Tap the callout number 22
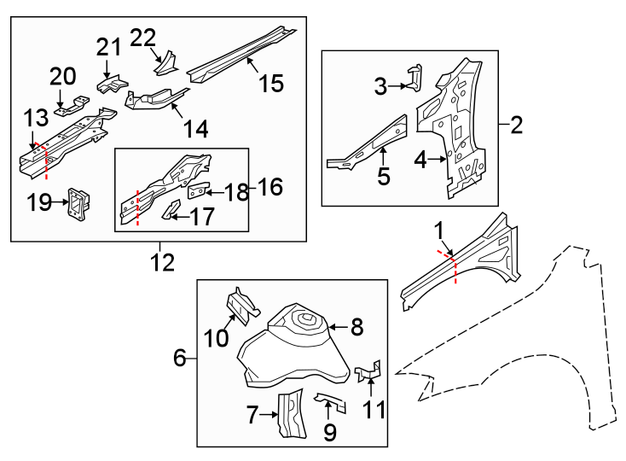pos(143,38)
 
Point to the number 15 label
pos(271,84)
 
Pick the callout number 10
pos(216,338)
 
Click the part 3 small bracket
pos(414,77)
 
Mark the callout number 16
pos(270,187)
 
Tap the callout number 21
pos(109,48)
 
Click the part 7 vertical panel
pos(292,413)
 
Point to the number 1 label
pos(439,230)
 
